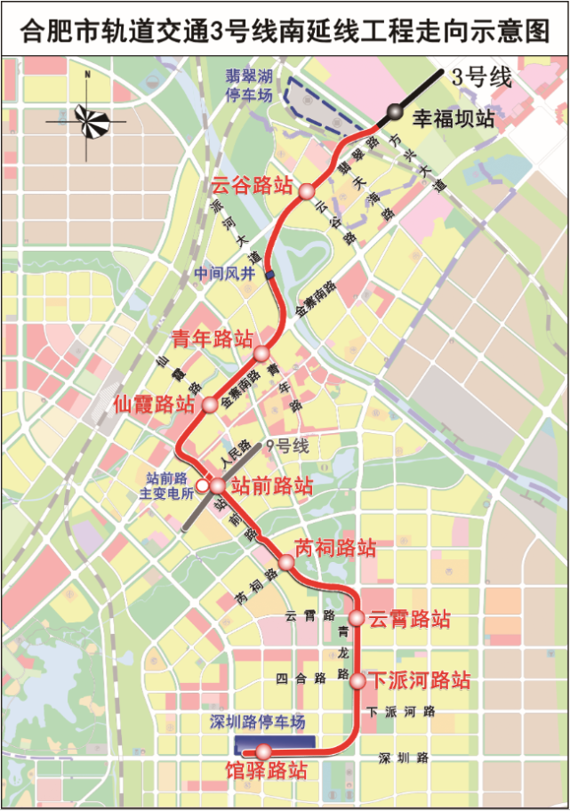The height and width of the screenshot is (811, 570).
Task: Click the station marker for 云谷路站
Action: [x=306, y=191]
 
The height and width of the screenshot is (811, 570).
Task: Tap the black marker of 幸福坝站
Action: [x=394, y=112]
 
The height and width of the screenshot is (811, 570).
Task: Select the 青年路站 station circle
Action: [x=261, y=353]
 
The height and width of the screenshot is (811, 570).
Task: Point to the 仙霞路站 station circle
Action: [x=209, y=405]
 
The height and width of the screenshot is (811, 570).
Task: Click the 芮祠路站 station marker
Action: [x=286, y=563]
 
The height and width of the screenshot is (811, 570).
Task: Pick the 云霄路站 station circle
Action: [x=356, y=617]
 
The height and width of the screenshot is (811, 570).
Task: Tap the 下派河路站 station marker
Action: [x=357, y=681]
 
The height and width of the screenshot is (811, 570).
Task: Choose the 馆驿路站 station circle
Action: [x=262, y=751]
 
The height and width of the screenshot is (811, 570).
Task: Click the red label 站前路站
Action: [x=272, y=486]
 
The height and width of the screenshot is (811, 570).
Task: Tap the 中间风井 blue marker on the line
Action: [x=269, y=276]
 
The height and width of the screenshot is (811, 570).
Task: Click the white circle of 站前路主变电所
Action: [x=202, y=486]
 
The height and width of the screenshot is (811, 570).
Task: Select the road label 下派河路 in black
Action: [x=401, y=711]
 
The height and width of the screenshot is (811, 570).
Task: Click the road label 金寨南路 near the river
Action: [x=316, y=299]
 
